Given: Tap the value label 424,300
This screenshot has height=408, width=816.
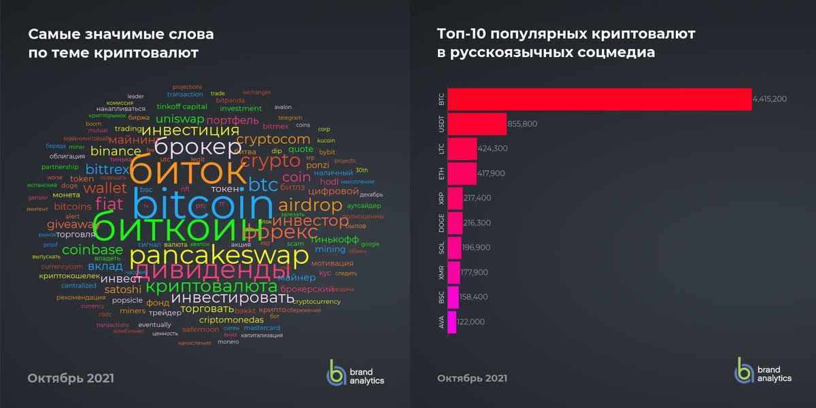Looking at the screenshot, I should (x=494, y=148).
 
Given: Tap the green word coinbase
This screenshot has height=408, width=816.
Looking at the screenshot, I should (x=92, y=250).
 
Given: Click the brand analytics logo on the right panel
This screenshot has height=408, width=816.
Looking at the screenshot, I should (x=762, y=371).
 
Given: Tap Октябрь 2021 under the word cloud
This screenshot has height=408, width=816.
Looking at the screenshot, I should (x=71, y=377).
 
